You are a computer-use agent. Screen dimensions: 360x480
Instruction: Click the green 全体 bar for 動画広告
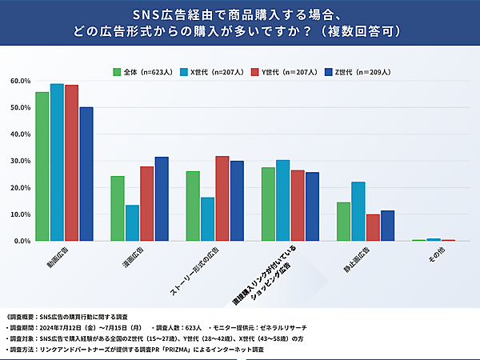[42, 166]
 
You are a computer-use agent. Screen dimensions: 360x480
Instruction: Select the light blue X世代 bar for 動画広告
[57, 162]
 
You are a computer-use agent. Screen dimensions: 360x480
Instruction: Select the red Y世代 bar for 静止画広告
[373, 227]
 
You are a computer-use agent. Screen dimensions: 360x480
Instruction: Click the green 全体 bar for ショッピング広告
[268, 204]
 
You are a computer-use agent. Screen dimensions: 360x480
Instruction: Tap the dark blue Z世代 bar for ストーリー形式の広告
[237, 201]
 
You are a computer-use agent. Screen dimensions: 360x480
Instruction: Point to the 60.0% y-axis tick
[20, 81]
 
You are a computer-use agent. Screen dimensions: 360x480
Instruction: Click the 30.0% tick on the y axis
[20, 161]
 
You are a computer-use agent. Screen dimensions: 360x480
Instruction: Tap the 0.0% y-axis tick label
[22, 241]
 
